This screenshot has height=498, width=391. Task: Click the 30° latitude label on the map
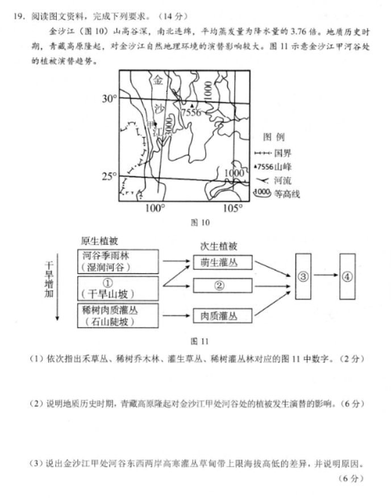coord(109,99)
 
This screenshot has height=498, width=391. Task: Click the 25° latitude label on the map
coord(109,176)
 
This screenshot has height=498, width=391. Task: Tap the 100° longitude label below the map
coord(154,208)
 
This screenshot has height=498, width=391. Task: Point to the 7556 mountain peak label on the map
coord(191,112)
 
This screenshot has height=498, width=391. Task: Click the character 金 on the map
coord(158,80)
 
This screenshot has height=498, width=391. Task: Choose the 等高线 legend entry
coord(277,194)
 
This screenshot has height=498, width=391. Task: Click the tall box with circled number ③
coord(303,276)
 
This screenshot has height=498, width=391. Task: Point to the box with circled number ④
coord(348,276)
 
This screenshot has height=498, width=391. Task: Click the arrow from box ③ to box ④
coord(325,276)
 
